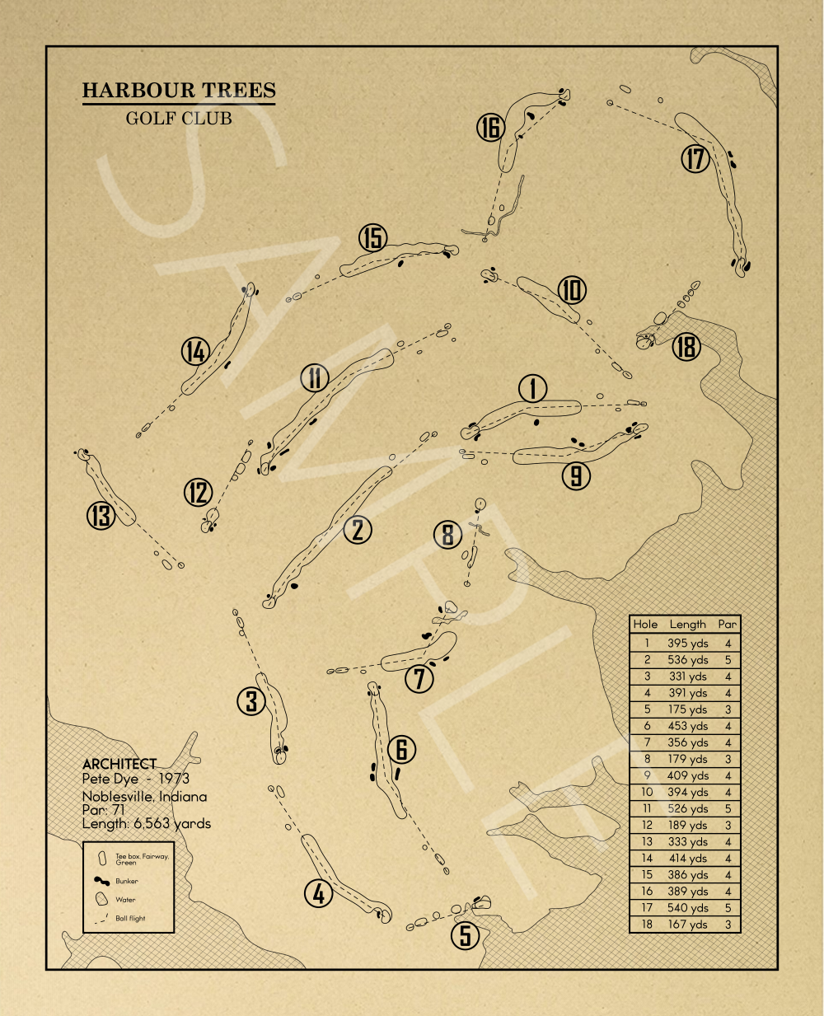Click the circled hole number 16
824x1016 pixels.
(490, 128)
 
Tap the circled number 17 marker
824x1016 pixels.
(695, 158)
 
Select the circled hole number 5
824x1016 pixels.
(466, 934)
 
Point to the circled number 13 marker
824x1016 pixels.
(101, 516)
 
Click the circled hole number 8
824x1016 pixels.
(447, 535)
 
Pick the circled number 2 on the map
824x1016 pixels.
(358, 529)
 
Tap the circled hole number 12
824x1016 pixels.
(198, 493)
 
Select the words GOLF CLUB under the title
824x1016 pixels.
(179, 118)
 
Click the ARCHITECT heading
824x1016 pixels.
(119, 765)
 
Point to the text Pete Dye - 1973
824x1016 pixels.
(136, 779)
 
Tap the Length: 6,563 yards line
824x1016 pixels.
(147, 823)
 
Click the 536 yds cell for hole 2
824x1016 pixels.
(688, 660)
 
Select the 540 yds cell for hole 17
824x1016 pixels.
(688, 908)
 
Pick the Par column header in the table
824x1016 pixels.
(728, 625)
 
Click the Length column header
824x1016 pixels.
(688, 625)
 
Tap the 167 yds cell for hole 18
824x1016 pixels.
(688, 925)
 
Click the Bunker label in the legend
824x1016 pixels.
(127, 881)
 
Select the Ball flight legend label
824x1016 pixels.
(130, 918)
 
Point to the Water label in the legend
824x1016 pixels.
(125, 900)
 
